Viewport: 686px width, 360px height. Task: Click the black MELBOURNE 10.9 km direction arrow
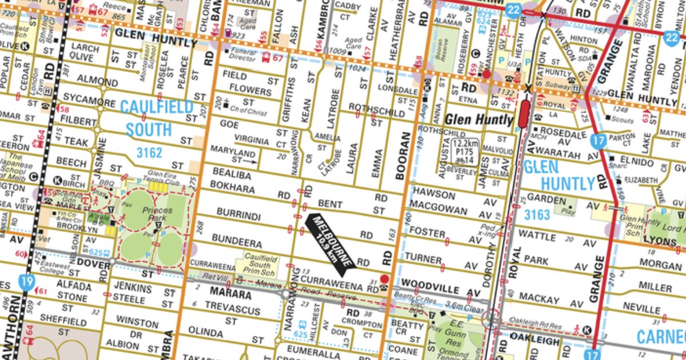(330, 241)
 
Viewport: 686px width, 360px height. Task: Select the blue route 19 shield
(26, 282)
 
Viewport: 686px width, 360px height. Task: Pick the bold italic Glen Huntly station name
(479, 119)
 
